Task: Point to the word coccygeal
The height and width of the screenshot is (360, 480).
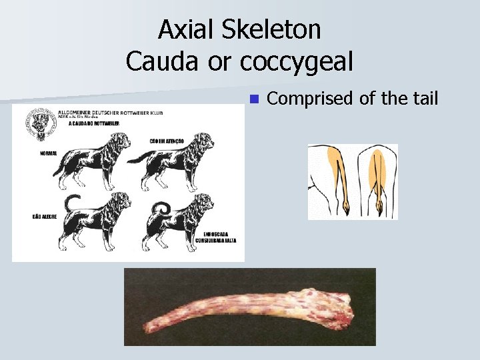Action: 296,63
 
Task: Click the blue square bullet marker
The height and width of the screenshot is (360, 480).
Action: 253,99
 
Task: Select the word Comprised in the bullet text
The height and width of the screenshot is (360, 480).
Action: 310,99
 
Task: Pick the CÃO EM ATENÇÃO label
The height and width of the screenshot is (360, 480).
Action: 167,141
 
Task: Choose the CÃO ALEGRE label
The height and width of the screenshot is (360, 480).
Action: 45,217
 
